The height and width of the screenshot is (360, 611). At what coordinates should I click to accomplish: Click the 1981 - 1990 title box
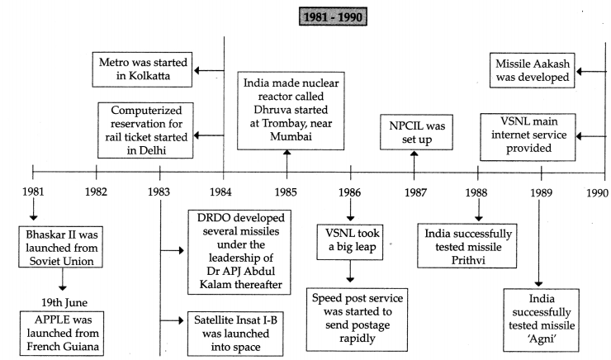click(333, 17)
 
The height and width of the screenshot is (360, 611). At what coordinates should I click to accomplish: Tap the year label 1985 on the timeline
click(286, 192)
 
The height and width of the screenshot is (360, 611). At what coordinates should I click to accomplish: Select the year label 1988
click(476, 192)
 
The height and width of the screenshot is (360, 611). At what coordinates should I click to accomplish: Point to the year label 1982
click(96, 192)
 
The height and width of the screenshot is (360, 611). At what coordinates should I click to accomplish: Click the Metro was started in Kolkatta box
click(142, 69)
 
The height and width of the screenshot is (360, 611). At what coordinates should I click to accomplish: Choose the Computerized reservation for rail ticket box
click(145, 130)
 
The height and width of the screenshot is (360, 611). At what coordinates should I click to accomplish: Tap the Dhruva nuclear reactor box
click(291, 111)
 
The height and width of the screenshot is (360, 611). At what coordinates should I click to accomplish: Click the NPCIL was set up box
click(417, 132)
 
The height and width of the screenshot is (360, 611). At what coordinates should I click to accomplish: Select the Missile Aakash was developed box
click(533, 70)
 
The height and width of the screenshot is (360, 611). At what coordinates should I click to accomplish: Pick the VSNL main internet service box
click(528, 137)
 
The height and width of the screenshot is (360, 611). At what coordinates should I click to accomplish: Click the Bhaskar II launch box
click(61, 247)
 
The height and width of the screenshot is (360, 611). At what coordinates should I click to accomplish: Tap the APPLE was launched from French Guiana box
click(62, 333)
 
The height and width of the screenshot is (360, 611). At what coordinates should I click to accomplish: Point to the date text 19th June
click(64, 303)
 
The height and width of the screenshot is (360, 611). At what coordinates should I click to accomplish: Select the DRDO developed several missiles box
click(239, 252)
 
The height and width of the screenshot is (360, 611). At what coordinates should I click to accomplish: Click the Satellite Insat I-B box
click(235, 334)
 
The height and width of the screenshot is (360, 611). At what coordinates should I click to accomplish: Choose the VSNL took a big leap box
click(350, 242)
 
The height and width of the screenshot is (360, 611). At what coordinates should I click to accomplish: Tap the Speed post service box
click(357, 320)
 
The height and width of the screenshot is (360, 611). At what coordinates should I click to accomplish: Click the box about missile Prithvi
click(467, 246)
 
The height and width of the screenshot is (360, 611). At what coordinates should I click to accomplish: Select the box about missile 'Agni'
click(542, 320)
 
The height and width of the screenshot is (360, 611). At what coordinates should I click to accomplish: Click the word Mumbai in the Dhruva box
click(291, 136)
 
